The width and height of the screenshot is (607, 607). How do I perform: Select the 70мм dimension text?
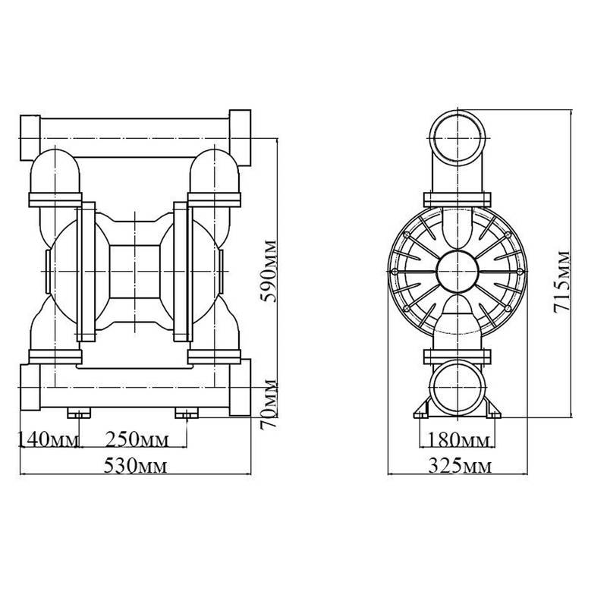pos(267,405)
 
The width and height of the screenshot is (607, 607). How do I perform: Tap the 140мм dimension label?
pos(47,440)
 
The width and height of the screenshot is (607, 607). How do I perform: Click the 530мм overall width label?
pos(136,464)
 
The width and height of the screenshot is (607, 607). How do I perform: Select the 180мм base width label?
pos(458,440)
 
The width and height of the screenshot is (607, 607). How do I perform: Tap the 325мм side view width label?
pos(458,464)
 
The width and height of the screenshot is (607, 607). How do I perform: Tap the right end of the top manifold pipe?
pos(241,137)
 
